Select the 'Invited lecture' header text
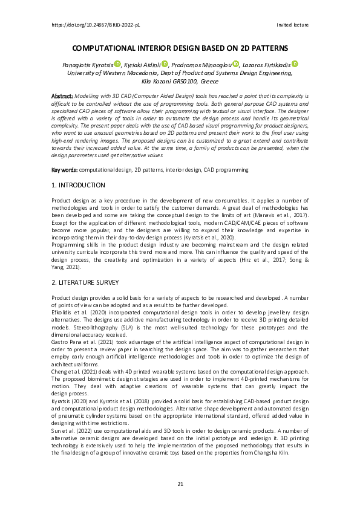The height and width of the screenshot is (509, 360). (292, 25)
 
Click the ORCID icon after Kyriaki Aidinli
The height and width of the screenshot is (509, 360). (165, 63)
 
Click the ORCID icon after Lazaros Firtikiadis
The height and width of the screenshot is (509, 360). (295, 63)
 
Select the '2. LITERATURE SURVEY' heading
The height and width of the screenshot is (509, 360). (85, 282)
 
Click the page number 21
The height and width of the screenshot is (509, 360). (180, 485)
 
